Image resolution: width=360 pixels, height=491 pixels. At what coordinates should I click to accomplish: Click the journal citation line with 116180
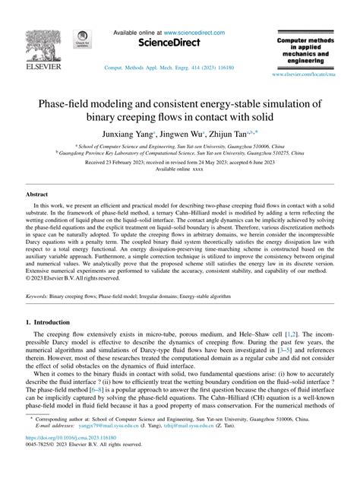click(159, 68)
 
